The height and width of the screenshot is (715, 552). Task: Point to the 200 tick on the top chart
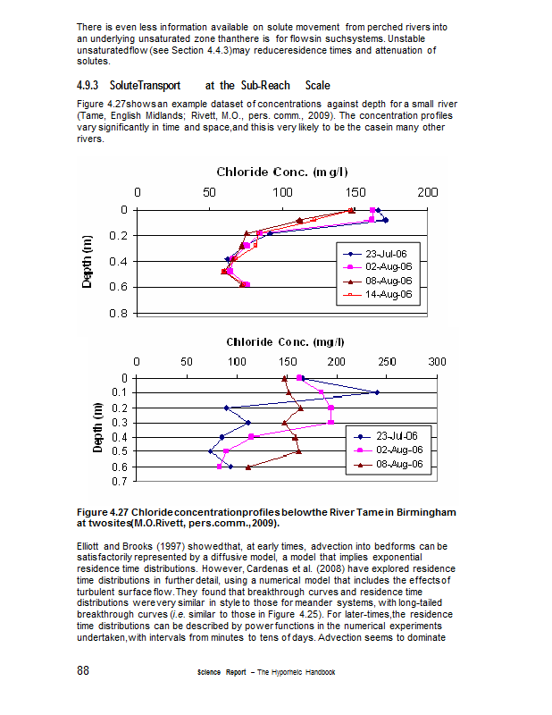point(429,192)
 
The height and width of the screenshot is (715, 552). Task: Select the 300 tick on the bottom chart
point(438,361)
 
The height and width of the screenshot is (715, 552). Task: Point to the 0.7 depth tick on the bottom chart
point(120,482)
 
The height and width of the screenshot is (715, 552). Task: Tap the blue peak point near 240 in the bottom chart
point(377,392)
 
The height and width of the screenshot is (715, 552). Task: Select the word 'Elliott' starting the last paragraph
point(91,545)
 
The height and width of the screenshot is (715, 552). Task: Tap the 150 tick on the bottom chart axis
point(288,361)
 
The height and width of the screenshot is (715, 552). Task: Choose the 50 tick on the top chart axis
point(210,192)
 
